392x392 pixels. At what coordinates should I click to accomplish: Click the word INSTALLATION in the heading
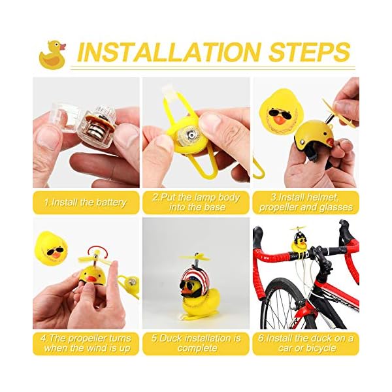tap(173, 52)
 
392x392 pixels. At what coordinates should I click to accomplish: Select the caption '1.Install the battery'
tap(86, 203)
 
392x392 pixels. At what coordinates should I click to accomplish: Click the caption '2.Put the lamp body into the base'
tap(196, 203)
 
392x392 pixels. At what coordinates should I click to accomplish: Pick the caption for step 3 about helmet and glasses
tap(306, 203)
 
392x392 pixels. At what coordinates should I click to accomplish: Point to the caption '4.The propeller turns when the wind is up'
tap(86, 344)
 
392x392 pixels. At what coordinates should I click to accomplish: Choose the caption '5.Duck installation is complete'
tap(196, 344)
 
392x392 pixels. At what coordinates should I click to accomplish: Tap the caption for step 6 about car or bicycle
tap(306, 344)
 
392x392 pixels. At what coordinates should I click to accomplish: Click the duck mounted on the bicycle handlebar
tap(301, 245)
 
